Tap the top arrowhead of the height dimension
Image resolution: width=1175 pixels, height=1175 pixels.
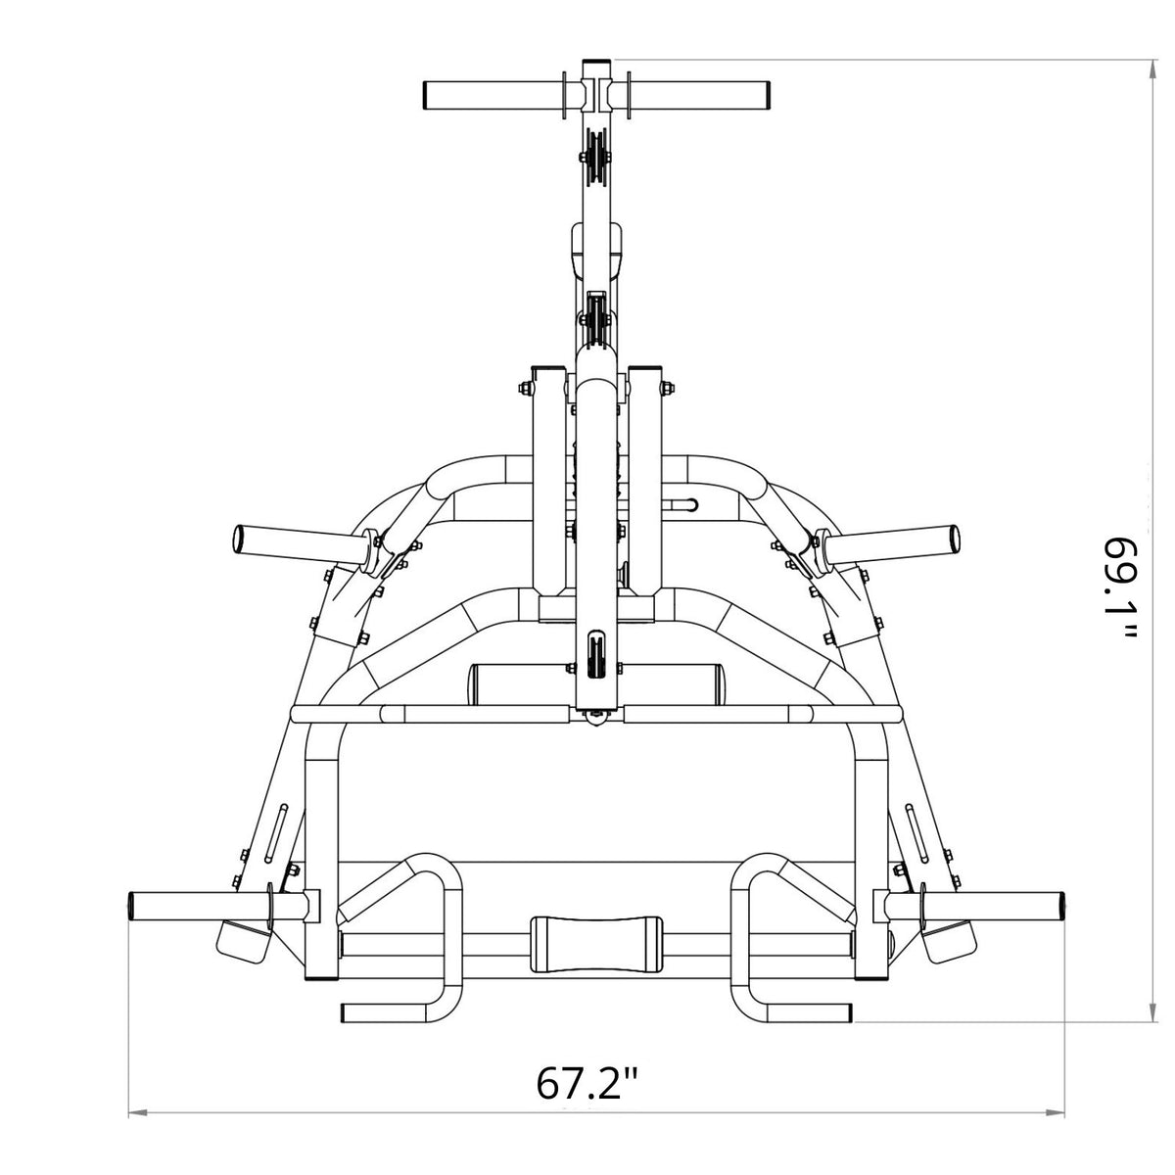[x=1151, y=69]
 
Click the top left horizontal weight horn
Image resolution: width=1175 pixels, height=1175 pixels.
[x=493, y=95]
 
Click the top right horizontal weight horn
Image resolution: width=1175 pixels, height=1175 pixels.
[x=698, y=95]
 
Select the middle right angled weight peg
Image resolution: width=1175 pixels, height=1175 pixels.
[x=887, y=540]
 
